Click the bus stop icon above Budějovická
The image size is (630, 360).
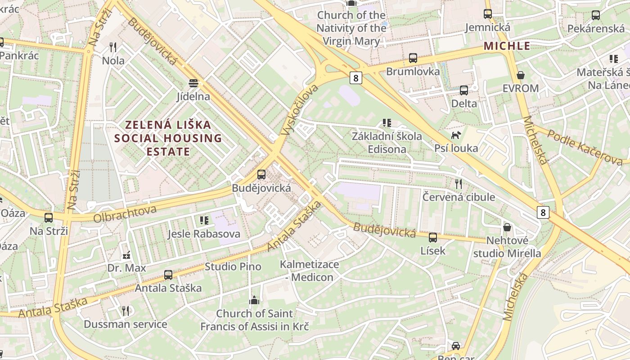point(261,175)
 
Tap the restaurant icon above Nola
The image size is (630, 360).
point(113,47)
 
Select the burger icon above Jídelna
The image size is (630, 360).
point(193,83)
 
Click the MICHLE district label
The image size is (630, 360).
point(507,46)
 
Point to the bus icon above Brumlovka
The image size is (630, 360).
point(413,58)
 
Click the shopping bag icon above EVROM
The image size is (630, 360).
point(521,75)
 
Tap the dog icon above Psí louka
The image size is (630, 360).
point(456,135)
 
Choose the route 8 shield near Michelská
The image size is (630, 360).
point(543,212)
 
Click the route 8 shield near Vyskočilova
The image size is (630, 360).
point(355,78)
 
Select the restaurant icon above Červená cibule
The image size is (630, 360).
point(458,184)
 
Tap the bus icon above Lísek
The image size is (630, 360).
point(432,237)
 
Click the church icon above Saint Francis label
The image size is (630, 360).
point(254,300)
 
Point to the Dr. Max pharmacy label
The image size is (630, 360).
point(126,268)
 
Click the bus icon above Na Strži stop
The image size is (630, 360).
point(48,218)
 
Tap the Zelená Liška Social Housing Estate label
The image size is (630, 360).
point(168,138)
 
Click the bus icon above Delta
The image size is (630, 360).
point(464,90)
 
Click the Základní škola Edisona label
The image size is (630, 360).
point(387,142)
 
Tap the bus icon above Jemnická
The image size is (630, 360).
point(488,14)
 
